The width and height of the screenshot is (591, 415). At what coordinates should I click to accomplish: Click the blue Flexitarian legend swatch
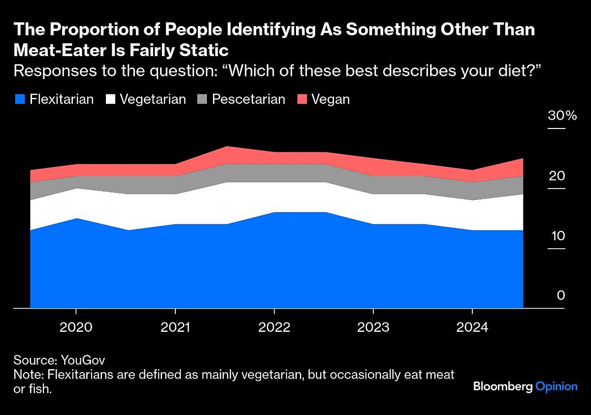pyautogui.click(x=19, y=99)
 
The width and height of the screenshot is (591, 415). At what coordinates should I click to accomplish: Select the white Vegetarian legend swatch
pyautogui.click(x=110, y=99)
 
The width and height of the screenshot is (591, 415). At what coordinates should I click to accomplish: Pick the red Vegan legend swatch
pyautogui.click(x=302, y=99)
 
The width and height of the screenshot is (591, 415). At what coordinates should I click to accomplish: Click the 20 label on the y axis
pyautogui.click(x=557, y=176)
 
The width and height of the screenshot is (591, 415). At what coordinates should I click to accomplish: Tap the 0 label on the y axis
pyautogui.click(x=560, y=295)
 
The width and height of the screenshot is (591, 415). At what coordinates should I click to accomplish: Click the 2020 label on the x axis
pyautogui.click(x=76, y=327)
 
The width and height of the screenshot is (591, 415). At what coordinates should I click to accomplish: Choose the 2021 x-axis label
pyautogui.click(x=175, y=327)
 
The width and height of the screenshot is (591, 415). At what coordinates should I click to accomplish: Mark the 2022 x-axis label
pyautogui.click(x=274, y=327)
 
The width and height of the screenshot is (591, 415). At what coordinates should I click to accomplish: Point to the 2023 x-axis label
pyautogui.click(x=373, y=327)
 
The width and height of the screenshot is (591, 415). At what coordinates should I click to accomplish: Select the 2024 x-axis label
pyautogui.click(x=472, y=327)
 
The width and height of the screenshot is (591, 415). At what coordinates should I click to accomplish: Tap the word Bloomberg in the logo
pyautogui.click(x=503, y=386)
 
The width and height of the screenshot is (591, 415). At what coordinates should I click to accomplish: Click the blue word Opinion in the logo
pyautogui.click(x=557, y=386)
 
